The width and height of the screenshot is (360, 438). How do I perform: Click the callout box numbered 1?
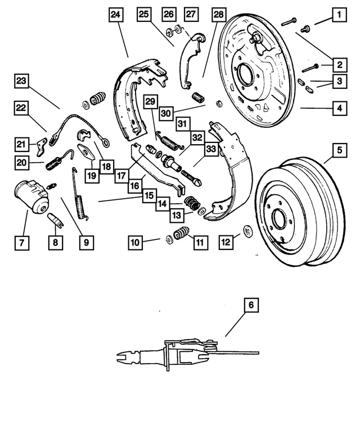339,12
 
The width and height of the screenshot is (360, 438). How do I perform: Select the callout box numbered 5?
339,150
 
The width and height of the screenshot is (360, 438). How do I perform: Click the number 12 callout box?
226,243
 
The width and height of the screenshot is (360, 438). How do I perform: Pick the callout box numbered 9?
86,243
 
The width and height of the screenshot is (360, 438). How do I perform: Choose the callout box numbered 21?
21,145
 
